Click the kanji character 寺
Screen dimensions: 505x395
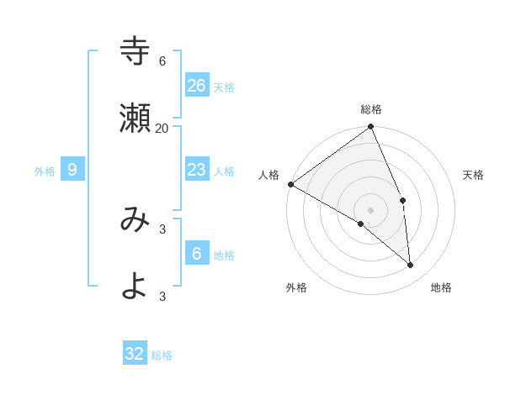tap(136, 51)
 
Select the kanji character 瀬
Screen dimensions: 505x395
tap(136, 117)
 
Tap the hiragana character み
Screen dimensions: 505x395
tap(136, 219)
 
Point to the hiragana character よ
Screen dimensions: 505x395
tap(136, 285)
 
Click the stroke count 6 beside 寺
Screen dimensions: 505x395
tap(162, 61)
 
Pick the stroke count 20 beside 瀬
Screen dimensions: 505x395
tap(162, 128)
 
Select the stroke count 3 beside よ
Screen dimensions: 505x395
tap(162, 296)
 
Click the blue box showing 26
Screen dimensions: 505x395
tap(197, 86)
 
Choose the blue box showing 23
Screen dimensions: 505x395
tap(197, 170)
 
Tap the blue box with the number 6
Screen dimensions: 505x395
tap(197, 253)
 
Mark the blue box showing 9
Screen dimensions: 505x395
tap(72, 170)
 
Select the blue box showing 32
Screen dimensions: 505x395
tap(135, 354)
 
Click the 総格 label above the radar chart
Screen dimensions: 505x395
tap(371, 109)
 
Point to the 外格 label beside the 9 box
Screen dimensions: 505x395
tap(45, 171)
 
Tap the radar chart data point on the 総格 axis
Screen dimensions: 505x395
tap(371, 128)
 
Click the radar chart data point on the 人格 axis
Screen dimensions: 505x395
tap(290, 184)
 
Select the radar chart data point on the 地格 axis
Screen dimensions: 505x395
tap(410, 265)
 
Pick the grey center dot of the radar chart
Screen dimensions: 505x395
tap(371, 209)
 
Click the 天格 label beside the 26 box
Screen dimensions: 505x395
tap(224, 87)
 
